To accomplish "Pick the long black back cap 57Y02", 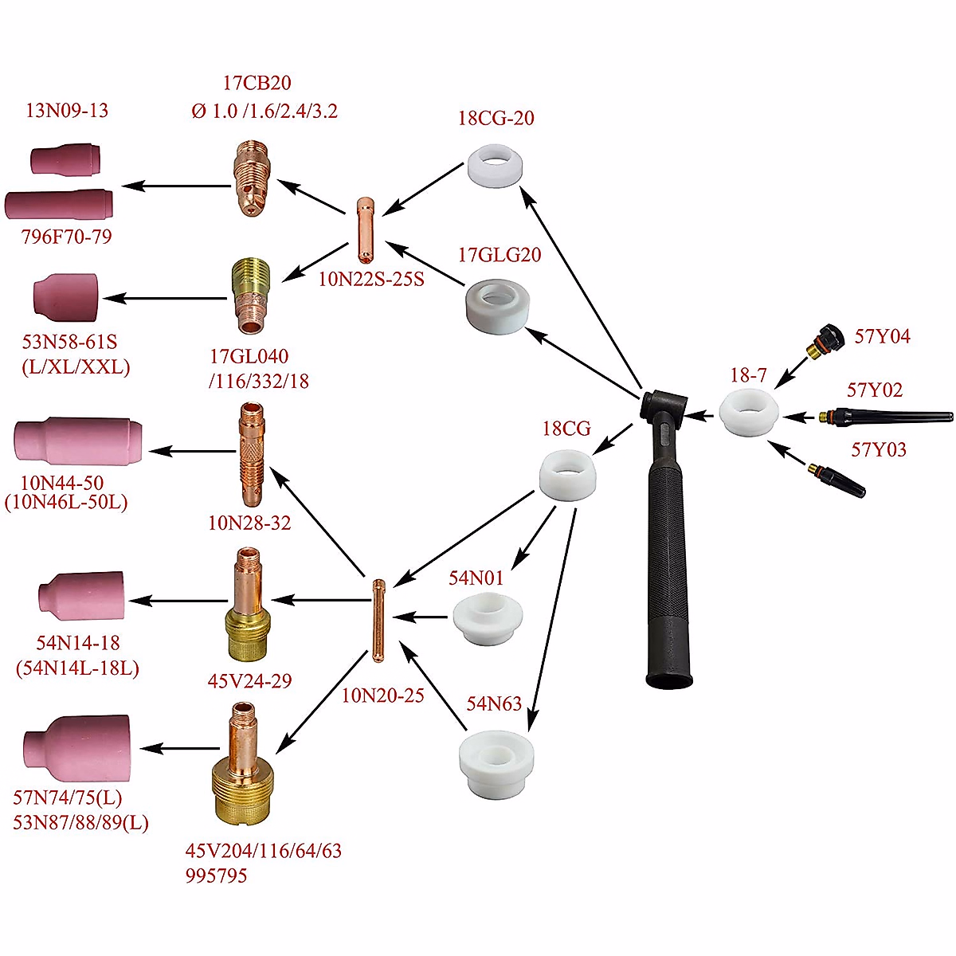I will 884,416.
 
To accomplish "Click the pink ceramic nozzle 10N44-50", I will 78,441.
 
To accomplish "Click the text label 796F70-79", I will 67,237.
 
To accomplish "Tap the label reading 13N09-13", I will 67,110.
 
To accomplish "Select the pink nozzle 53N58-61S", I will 67,296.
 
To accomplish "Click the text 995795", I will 217,876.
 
